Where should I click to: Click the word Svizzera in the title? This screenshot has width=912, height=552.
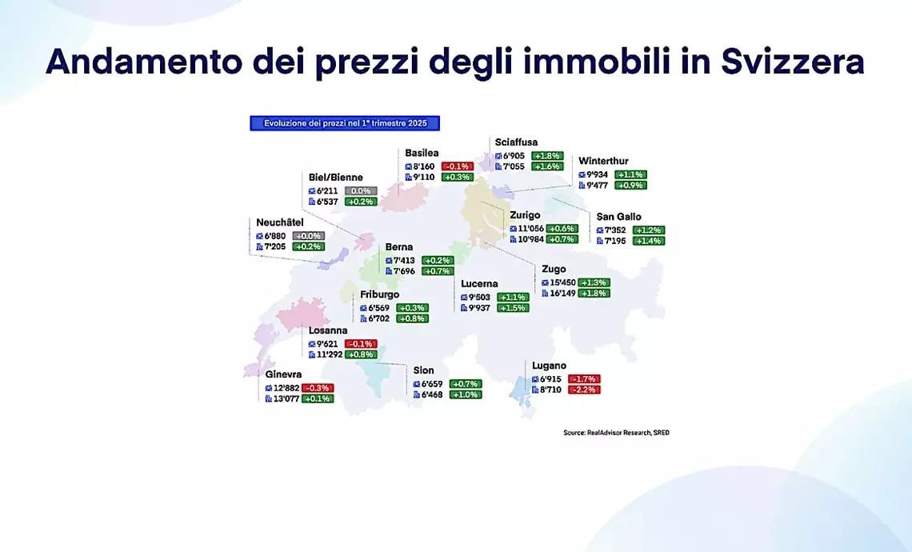pos(793,61)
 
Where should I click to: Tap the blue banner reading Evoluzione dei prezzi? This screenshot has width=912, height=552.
pos(345,123)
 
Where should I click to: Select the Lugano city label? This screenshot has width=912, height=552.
pos(549,366)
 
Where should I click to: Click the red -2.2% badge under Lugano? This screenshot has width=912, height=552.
pos(584,390)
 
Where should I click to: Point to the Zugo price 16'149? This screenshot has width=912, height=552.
pos(562,293)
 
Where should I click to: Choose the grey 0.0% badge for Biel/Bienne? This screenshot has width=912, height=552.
pos(361,190)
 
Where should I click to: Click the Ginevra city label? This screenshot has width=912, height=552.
pos(283,374)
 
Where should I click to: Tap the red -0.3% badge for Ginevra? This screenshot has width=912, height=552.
pos(318,388)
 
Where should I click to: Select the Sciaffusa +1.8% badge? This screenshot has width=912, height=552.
pos(547,156)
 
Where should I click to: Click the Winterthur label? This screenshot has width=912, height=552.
pos(603,161)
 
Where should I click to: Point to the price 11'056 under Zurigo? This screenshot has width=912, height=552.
pos(530,229)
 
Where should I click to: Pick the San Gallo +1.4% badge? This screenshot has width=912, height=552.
pos(649,241)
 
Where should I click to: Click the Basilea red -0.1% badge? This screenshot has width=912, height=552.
pos(457,166)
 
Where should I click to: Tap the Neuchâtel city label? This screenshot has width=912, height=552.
pos(280,222)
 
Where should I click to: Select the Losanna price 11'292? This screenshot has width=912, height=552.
pos(330,354)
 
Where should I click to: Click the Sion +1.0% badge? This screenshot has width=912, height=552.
pos(466,394)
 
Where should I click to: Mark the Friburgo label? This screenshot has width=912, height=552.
pos(380,295)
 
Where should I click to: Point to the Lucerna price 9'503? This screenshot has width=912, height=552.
pos(479,298)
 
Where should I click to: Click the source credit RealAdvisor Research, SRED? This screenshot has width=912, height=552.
pos(616,433)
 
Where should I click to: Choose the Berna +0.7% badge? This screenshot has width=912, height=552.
pos(438,271)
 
